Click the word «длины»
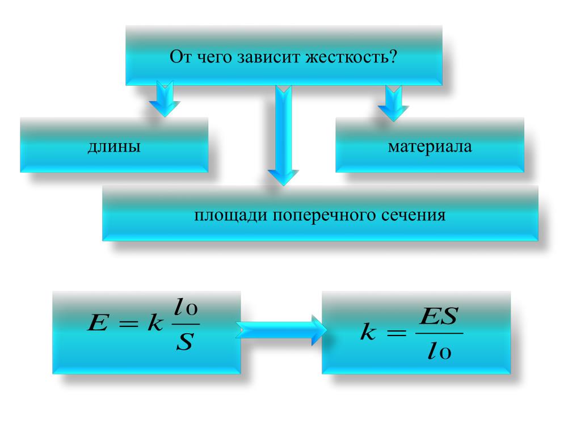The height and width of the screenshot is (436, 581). (113, 147)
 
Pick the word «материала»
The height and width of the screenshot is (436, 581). (430, 147)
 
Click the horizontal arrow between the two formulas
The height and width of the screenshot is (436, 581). (281, 330)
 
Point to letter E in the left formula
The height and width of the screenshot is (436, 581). (94, 325)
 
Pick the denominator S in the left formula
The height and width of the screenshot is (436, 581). (185, 343)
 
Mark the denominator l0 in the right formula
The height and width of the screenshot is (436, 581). (438, 353)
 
